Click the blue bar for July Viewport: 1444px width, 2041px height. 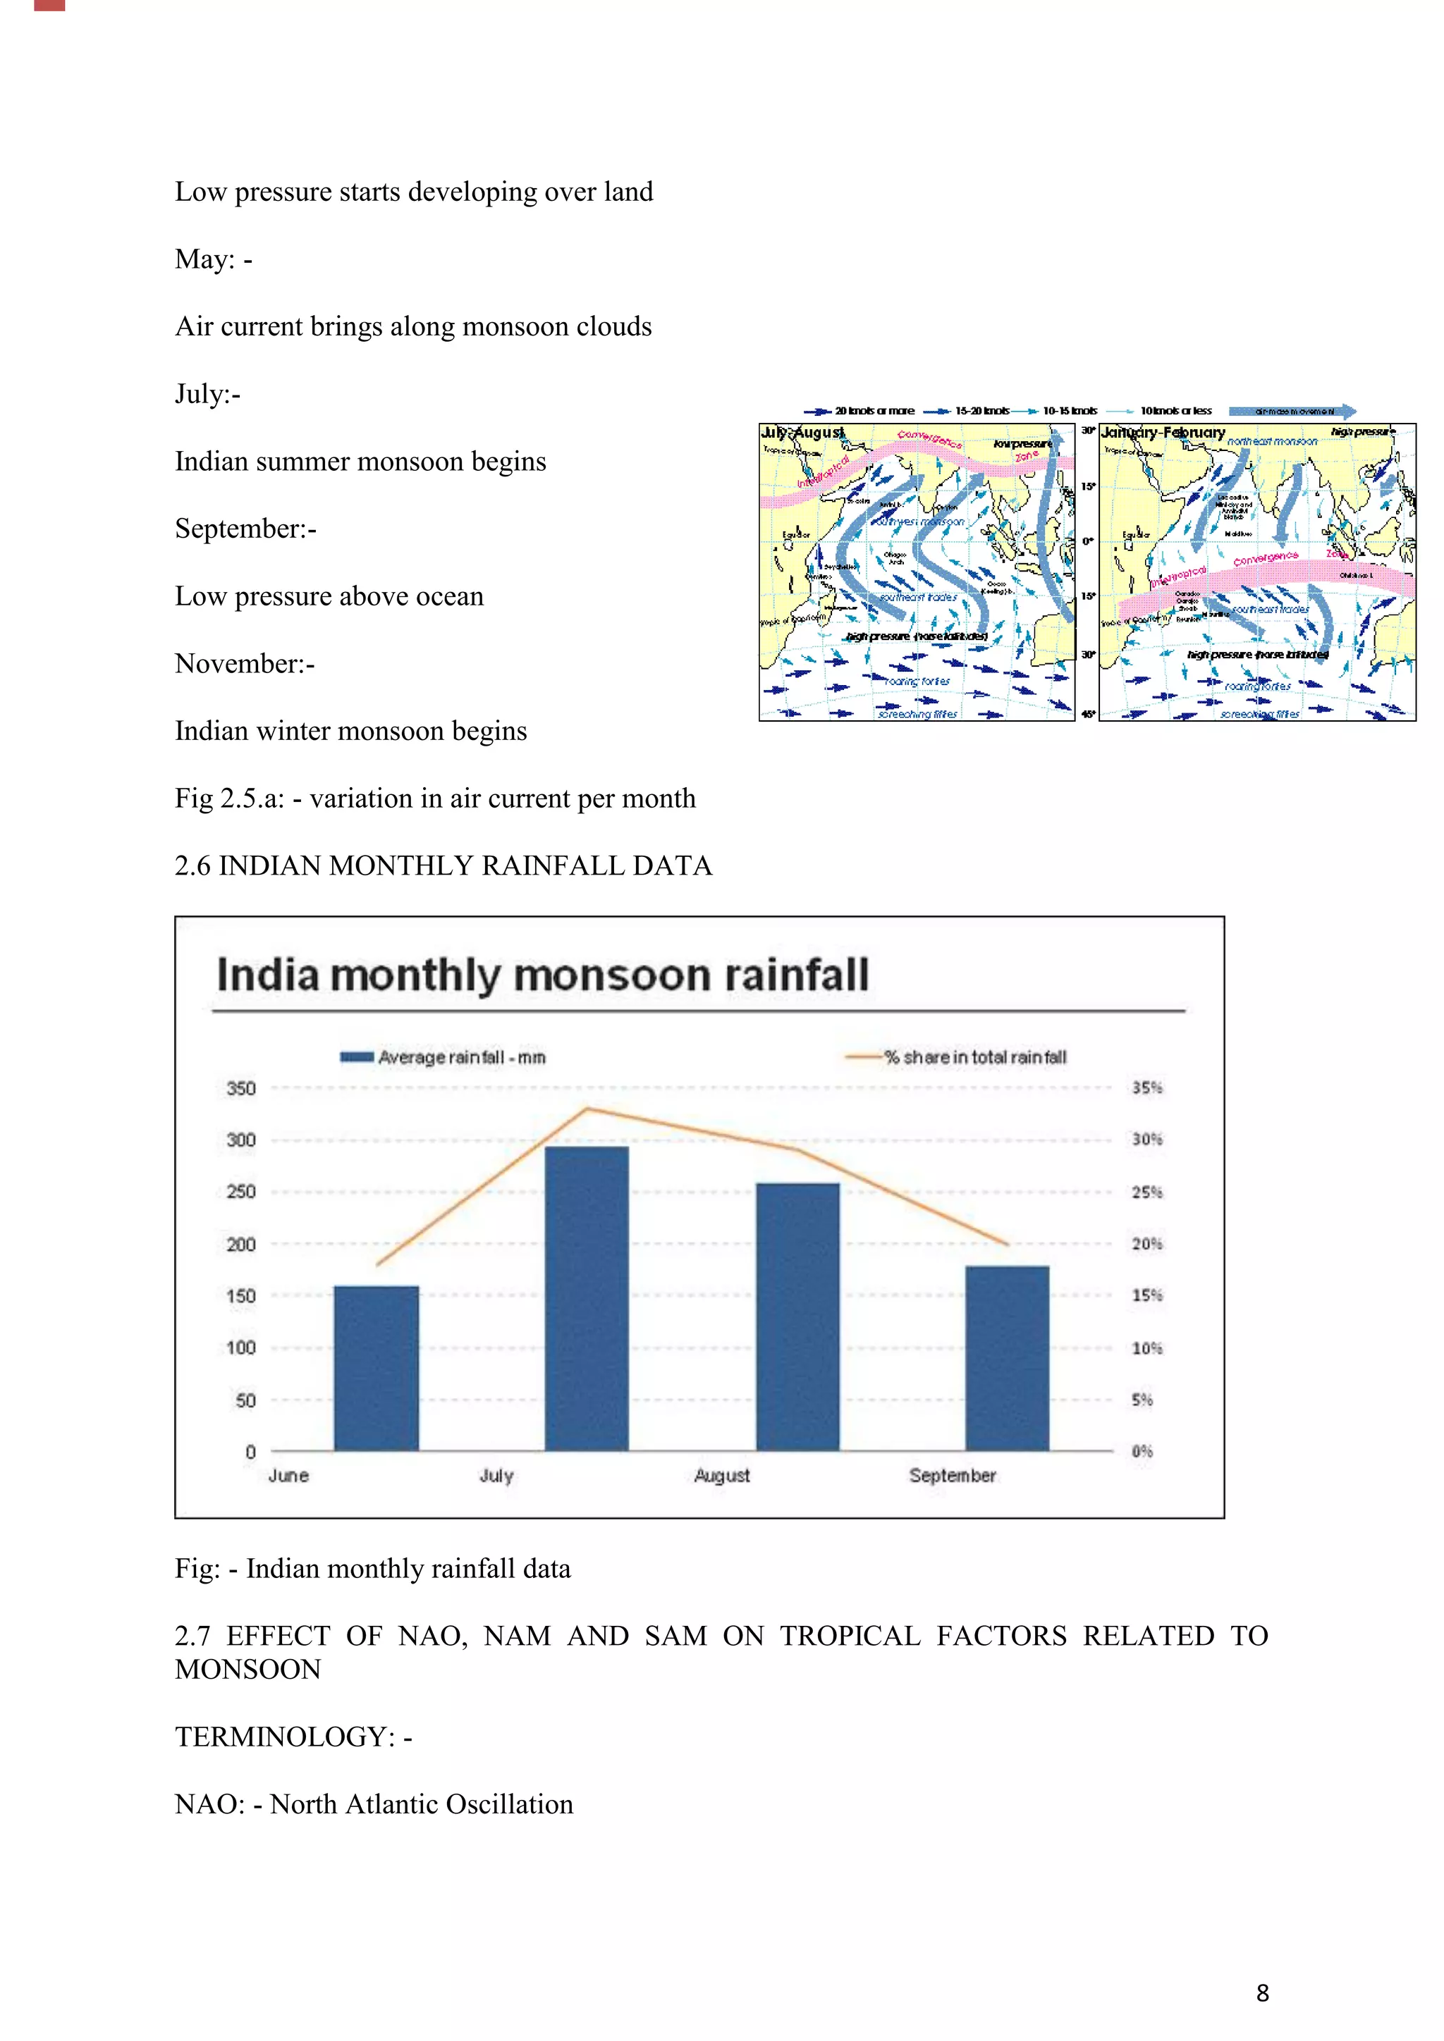click(x=586, y=1298)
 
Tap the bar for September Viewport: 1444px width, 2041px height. click(x=1007, y=1357)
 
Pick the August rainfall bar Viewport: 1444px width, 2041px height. click(x=797, y=1316)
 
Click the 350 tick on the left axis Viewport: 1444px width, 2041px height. click(x=241, y=1088)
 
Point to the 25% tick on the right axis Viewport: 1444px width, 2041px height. click(x=1146, y=1192)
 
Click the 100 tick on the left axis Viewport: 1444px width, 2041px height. click(x=241, y=1348)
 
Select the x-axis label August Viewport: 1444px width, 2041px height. click(x=721, y=1476)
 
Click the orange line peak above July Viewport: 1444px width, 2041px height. click(x=587, y=1109)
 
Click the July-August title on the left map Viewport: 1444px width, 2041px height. click(x=802, y=433)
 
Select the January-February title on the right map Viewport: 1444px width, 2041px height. click(x=1162, y=433)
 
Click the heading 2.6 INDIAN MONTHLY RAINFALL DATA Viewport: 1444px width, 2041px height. click(x=443, y=866)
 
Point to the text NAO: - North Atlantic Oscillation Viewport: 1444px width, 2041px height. click(x=374, y=1803)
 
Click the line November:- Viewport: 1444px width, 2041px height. click(x=245, y=663)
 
